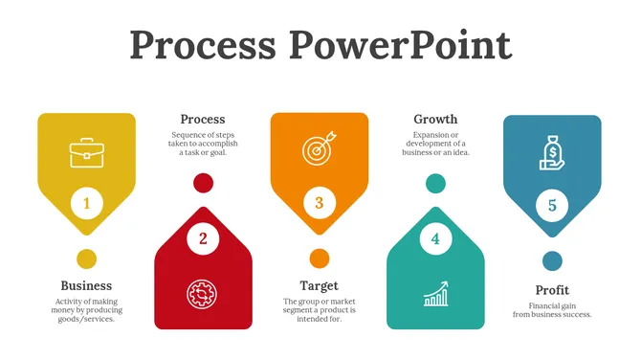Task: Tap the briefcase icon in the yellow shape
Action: coord(87,151)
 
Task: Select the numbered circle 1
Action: coord(87,203)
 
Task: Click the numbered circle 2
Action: coord(203,238)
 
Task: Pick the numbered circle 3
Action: coord(320,203)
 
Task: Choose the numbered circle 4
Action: coord(435,238)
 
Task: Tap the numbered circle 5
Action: coord(552,204)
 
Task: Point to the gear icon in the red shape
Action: coord(202,293)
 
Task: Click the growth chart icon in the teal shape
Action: coord(436,293)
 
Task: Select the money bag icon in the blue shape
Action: coord(553,154)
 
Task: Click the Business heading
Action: coord(86,285)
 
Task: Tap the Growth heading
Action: coord(435,120)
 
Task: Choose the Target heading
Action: coord(319,285)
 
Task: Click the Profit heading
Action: coord(552,290)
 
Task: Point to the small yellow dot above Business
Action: coord(87,259)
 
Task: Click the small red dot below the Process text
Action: coord(203,183)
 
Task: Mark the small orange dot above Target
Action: coord(320,259)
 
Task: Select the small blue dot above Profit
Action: coord(552,260)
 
